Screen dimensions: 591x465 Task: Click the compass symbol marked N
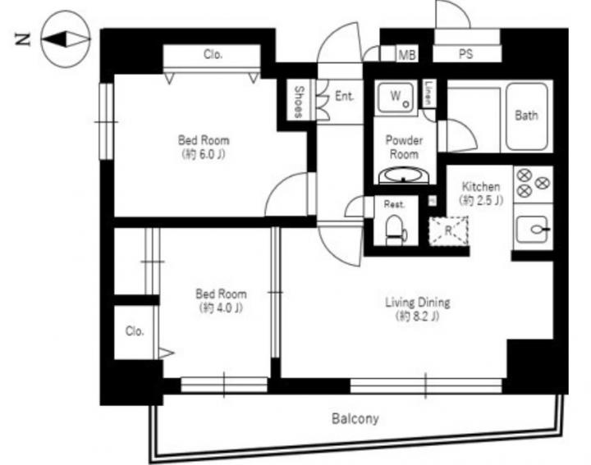click(65, 39)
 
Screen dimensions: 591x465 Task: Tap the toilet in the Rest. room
click(396, 230)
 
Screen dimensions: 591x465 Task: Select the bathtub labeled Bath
click(526, 116)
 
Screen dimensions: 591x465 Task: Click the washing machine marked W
click(396, 98)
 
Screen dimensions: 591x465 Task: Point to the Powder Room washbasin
click(403, 176)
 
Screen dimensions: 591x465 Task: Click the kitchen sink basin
click(533, 229)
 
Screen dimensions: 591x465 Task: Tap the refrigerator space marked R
click(448, 230)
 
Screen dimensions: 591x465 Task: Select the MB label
click(407, 55)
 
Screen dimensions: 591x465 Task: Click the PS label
click(466, 54)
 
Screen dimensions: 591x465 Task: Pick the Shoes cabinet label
click(299, 102)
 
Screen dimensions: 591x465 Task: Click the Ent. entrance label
click(345, 96)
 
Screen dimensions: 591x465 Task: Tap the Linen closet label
click(428, 93)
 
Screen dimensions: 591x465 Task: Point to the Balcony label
click(355, 419)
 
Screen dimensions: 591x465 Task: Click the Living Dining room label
click(418, 302)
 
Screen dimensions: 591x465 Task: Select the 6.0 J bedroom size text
click(204, 154)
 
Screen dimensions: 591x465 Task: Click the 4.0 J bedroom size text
click(221, 308)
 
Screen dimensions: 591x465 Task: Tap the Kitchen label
click(481, 186)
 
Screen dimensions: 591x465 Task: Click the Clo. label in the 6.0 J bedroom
click(213, 55)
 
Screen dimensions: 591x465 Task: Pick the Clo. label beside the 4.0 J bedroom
click(135, 331)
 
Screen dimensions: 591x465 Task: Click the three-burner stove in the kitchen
click(533, 184)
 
